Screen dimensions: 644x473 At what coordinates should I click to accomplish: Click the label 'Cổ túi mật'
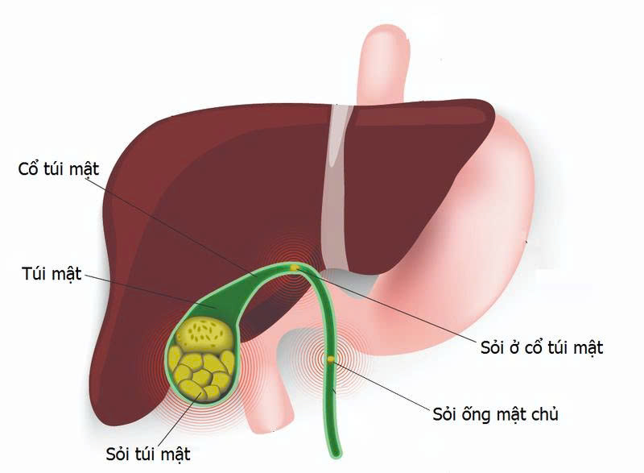click(x=58, y=168)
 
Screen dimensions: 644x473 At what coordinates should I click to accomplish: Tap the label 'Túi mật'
click(x=52, y=274)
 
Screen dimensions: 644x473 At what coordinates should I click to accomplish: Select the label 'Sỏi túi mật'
click(x=148, y=454)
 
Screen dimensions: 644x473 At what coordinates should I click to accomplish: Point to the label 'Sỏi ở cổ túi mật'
click(x=542, y=347)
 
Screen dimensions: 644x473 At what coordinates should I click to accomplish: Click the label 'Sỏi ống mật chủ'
click(x=495, y=414)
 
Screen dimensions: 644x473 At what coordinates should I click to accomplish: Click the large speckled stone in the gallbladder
click(x=205, y=333)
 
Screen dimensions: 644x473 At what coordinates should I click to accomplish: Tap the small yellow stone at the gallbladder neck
click(x=294, y=268)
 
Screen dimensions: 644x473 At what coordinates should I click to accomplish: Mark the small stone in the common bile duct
click(x=331, y=359)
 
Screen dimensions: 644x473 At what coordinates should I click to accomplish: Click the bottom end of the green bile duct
click(x=336, y=455)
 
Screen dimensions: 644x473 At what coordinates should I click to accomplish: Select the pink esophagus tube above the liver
click(x=384, y=66)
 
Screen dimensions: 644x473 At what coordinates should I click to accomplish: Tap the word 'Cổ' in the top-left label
click(x=27, y=168)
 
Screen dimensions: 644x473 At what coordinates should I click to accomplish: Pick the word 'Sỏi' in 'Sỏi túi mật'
click(x=118, y=454)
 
